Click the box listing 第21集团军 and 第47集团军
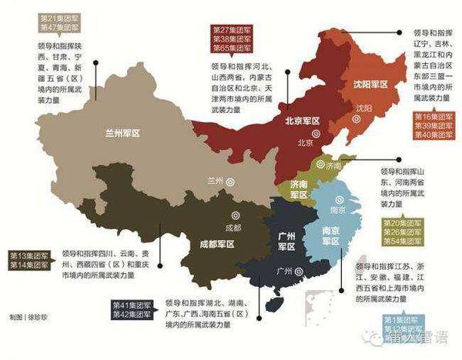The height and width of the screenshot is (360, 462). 57,21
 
